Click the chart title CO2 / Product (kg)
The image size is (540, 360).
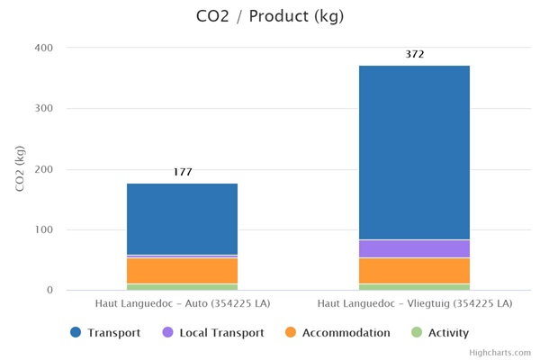269,16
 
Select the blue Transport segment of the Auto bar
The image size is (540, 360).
183,219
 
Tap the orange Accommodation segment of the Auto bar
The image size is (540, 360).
183,271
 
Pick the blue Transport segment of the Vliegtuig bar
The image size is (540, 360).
414,152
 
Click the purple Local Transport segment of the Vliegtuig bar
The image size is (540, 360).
414,248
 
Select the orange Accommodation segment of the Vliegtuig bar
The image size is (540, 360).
414,271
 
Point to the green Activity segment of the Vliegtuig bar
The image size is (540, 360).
414,287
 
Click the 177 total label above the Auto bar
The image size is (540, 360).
183,172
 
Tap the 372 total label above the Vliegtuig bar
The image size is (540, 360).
414,54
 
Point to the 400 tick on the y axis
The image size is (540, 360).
45,48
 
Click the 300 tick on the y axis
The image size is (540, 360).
45,109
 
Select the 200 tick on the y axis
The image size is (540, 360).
45,169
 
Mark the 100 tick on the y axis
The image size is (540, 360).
45,230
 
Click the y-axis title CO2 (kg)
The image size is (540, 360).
20,168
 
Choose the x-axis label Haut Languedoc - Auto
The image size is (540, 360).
183,305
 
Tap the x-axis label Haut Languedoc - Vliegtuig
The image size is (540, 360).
414,305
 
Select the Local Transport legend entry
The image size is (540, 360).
212,333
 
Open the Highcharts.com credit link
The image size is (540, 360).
499,353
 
